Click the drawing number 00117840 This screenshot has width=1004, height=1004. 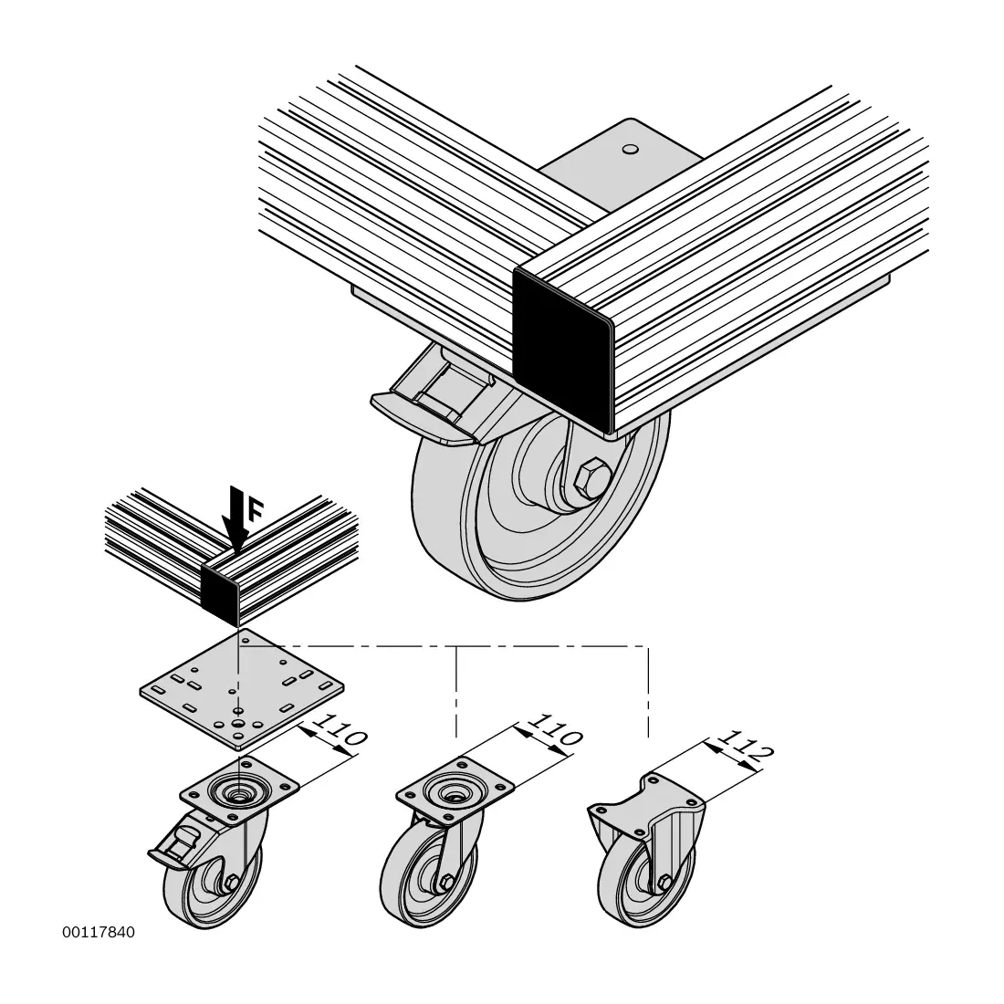point(99,932)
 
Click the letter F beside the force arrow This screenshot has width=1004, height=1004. point(255,511)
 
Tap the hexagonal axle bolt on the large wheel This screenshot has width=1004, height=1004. point(592,477)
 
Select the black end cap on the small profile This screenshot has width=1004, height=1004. point(222,591)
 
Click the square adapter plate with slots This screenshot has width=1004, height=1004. point(242,689)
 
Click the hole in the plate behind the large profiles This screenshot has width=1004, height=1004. point(631,149)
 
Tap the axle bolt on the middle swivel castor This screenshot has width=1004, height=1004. point(446,883)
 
